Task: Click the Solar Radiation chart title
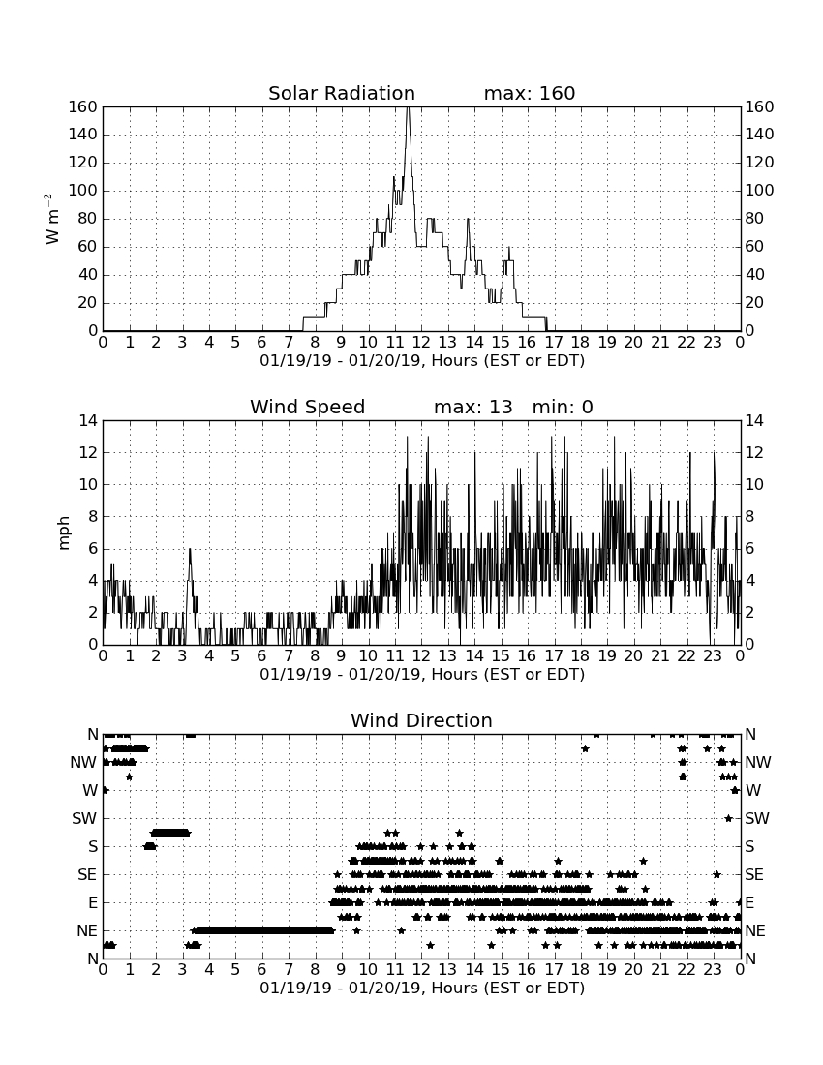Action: click(342, 93)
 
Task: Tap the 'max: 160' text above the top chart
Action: click(530, 93)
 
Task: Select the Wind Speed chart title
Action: click(308, 407)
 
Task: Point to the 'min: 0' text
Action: click(563, 407)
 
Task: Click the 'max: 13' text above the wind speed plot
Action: click(473, 407)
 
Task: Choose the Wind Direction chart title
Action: click(422, 720)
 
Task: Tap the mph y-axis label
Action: click(64, 533)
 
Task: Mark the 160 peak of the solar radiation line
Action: click(408, 107)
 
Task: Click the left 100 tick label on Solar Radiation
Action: click(83, 190)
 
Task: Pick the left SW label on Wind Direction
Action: click(85, 818)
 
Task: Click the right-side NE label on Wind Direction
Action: click(755, 930)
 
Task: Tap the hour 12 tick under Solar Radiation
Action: click(421, 342)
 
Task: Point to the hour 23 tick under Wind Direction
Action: click(713, 969)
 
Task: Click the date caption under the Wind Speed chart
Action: click(422, 675)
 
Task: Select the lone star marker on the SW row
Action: click(728, 818)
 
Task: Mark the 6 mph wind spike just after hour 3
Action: click(190, 549)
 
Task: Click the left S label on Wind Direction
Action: click(93, 846)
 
